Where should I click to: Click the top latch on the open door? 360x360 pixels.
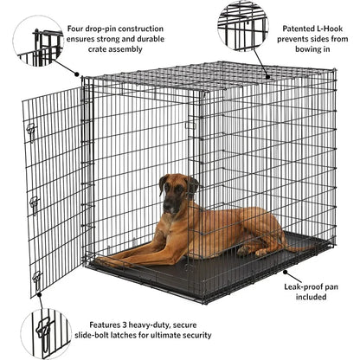[x=32, y=131]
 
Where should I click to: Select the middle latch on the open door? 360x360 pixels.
[x=34, y=204]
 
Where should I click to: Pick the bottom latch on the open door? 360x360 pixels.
[x=36, y=278]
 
